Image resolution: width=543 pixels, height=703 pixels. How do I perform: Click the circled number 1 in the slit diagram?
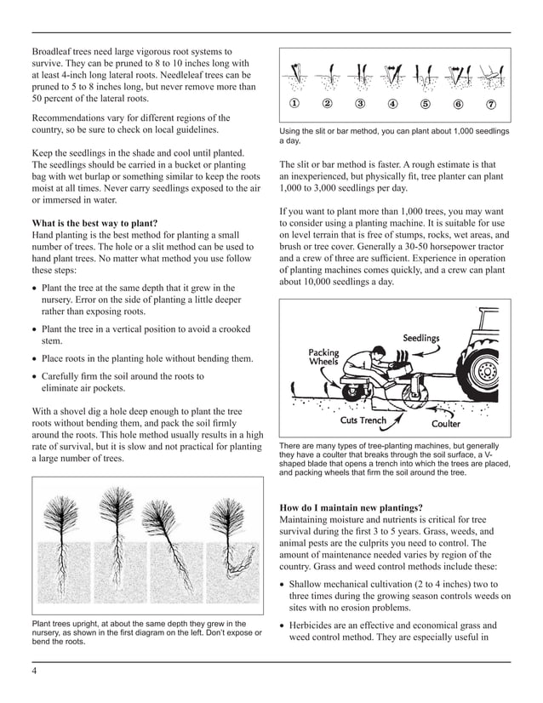coord(294,104)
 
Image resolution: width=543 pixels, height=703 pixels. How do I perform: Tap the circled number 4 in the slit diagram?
coord(393,104)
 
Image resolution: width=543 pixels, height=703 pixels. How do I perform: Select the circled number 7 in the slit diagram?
coord(491,104)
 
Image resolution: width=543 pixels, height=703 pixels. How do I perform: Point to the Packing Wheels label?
coord(323,357)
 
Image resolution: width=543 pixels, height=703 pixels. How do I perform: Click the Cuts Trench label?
coord(363,420)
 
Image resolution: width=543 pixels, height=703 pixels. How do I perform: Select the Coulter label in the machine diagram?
coord(446,423)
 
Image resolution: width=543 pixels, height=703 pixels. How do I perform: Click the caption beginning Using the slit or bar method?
coord(394,136)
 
